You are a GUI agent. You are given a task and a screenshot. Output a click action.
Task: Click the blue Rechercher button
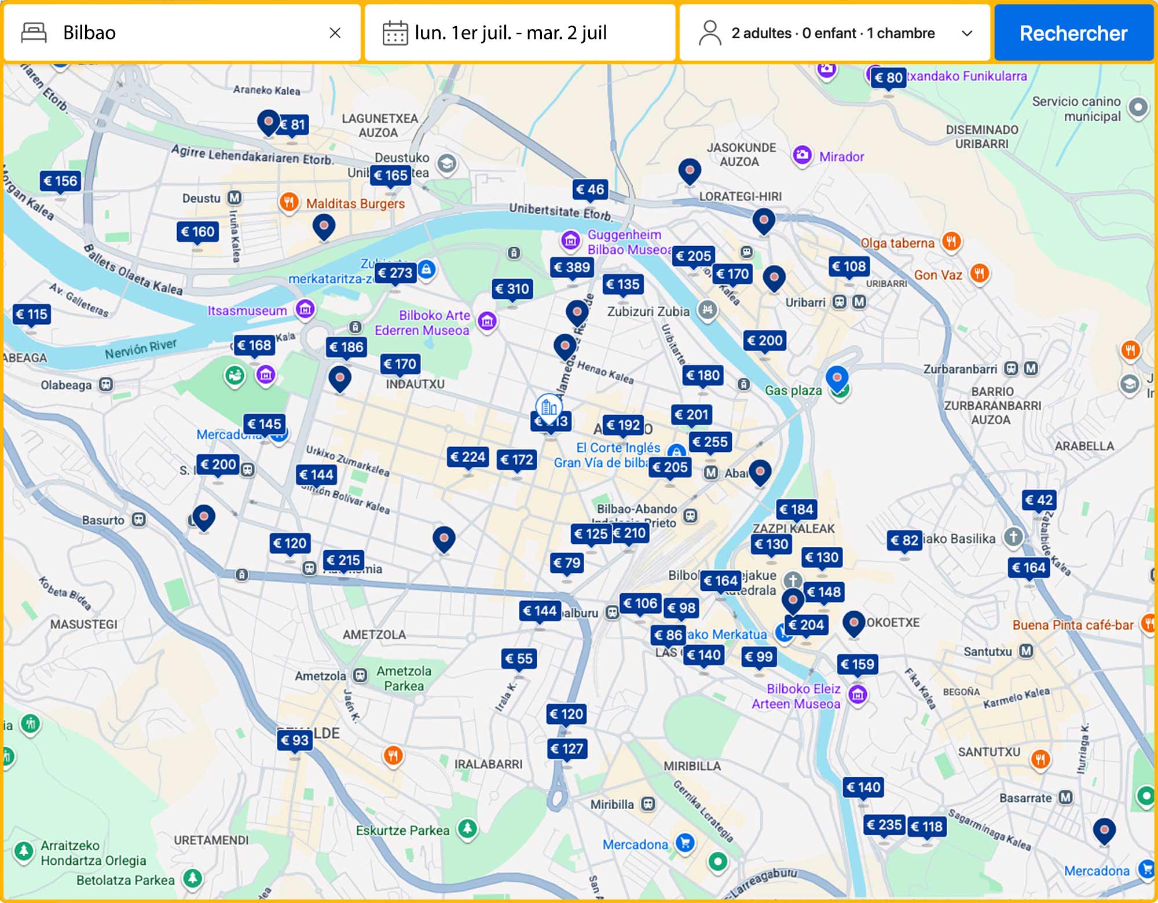(1073, 33)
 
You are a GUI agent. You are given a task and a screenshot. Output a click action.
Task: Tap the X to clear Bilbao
(335, 33)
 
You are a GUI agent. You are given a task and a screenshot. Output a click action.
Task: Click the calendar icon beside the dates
(395, 33)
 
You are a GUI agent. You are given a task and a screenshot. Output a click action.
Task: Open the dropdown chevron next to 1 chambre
(966, 33)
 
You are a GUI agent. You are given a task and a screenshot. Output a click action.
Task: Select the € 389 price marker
(571, 267)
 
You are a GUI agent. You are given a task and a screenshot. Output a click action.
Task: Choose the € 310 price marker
(512, 288)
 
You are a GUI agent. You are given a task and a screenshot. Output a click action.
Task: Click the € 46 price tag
(589, 189)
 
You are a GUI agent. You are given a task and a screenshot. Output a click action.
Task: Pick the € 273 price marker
(395, 272)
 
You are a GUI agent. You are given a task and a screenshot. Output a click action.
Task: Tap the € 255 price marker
(710, 442)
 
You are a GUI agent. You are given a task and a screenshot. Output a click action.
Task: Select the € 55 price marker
(518, 658)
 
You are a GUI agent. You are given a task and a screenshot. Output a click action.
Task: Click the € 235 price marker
(884, 824)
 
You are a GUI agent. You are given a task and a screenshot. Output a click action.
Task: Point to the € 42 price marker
(1039, 500)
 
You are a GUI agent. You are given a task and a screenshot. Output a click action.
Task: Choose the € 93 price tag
(294, 740)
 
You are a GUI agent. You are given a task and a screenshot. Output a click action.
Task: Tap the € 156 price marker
(60, 181)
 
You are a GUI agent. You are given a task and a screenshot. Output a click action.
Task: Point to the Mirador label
(841, 156)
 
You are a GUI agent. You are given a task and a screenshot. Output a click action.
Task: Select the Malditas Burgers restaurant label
(355, 203)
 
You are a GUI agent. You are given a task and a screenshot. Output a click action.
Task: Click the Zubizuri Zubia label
(648, 312)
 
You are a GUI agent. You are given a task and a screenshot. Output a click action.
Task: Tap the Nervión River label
(141, 349)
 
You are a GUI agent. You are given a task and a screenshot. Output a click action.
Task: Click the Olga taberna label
(897, 243)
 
